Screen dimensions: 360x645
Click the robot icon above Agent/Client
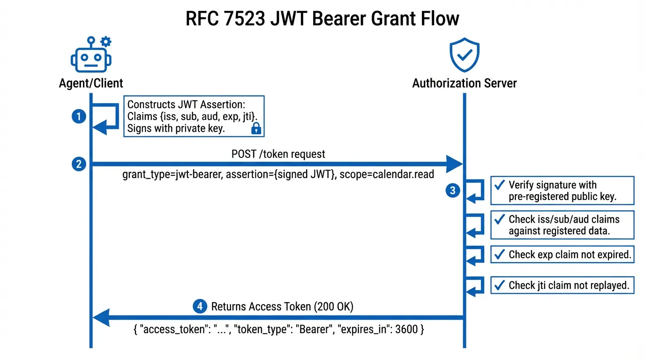point(91,58)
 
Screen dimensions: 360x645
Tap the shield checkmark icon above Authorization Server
point(464,55)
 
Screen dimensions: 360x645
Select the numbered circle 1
point(79,117)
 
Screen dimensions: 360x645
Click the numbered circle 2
point(79,164)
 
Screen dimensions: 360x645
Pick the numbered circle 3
point(452,190)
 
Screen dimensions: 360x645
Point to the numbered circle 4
point(200,307)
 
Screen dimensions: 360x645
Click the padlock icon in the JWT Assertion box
point(256,128)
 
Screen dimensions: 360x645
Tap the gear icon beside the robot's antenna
point(106,42)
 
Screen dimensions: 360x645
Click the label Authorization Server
point(464,83)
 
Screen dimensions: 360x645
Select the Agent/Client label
point(91,83)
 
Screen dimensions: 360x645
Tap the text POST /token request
point(278,154)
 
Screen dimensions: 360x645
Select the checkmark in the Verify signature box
point(500,185)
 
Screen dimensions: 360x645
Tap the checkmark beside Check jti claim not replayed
point(500,285)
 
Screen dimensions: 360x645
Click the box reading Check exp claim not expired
point(562,255)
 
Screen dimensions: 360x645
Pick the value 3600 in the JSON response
point(406,330)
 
